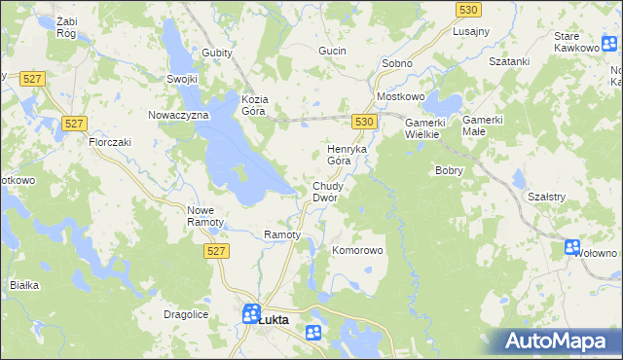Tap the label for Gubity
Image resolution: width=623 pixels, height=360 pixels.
point(217,53)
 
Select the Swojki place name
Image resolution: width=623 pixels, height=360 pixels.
point(182,80)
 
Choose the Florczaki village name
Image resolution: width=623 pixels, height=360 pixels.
point(110,142)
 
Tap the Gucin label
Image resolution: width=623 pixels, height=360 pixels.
point(334,50)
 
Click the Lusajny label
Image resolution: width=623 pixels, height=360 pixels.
point(471,31)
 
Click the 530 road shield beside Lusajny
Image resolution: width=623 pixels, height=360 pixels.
point(468,9)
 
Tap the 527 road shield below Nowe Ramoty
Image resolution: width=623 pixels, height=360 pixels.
point(217,251)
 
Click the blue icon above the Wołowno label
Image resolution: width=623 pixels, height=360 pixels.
point(572,247)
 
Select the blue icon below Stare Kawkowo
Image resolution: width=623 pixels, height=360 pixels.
point(609,44)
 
